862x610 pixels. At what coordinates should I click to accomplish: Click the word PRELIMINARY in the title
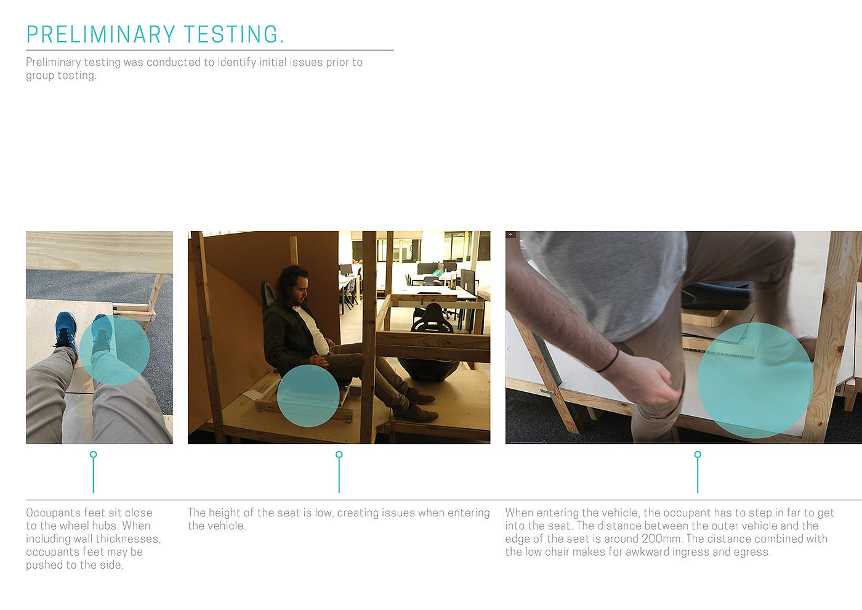click(x=101, y=35)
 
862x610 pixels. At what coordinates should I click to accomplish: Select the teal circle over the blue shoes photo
click(x=115, y=350)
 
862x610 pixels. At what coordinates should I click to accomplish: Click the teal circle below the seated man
click(x=308, y=396)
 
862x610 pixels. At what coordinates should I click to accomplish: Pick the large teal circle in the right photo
click(x=755, y=380)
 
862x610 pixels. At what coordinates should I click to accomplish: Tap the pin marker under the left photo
click(x=93, y=472)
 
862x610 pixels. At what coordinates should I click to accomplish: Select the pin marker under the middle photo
click(x=339, y=472)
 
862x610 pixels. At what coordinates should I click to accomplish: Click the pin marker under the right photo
click(x=698, y=472)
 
